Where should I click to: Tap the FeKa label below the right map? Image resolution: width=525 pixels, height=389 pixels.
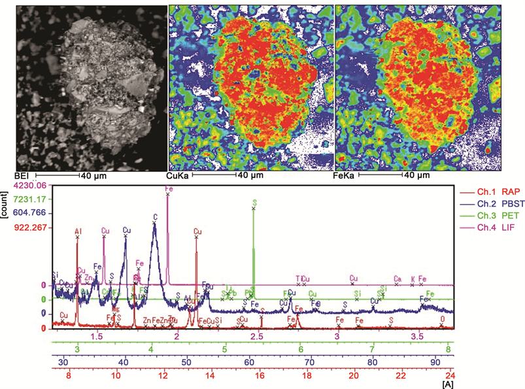[x=347, y=176]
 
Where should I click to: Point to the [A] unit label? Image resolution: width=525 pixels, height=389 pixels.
[x=447, y=385]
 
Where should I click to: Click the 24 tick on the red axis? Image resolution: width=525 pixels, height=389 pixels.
[x=450, y=376]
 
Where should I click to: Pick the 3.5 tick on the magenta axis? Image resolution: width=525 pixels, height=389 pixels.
[x=417, y=335]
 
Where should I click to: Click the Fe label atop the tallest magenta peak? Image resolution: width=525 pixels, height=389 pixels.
[x=169, y=188]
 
